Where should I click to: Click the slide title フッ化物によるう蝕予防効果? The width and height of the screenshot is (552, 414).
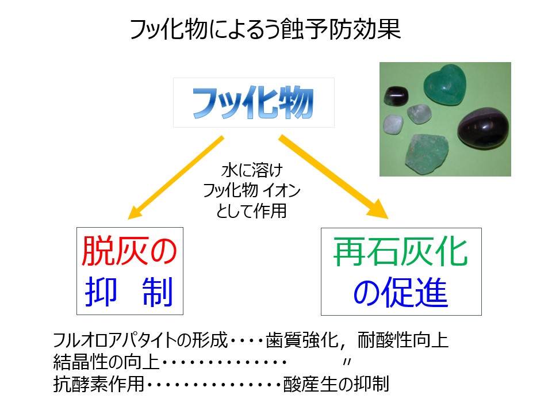click(266, 29)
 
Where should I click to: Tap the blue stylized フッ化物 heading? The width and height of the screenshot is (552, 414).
click(253, 102)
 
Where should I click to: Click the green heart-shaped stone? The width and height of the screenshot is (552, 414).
click(445, 85)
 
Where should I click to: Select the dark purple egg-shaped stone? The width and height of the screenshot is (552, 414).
click(484, 128)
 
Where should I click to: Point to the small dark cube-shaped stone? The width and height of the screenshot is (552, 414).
click(396, 96)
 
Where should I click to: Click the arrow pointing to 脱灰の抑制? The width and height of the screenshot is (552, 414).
click(176, 178)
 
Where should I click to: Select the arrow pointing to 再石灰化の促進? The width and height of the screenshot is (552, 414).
click(333, 177)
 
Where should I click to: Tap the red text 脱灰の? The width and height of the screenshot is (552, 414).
click(129, 251)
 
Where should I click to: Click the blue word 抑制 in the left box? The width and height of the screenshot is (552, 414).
click(129, 292)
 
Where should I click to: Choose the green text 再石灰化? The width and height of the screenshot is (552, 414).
click(400, 251)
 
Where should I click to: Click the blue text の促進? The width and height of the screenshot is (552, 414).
click(401, 292)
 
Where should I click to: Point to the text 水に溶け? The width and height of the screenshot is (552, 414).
click(252, 170)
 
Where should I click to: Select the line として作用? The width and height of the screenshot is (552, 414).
click(251, 211)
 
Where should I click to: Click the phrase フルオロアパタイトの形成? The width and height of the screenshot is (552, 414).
click(140, 340)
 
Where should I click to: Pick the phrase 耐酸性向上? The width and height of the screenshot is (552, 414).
click(403, 340)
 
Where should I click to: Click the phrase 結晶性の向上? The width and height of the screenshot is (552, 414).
click(106, 362)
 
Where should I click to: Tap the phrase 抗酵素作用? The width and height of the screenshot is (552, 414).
click(98, 384)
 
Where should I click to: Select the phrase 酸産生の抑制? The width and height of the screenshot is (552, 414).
click(336, 384)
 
